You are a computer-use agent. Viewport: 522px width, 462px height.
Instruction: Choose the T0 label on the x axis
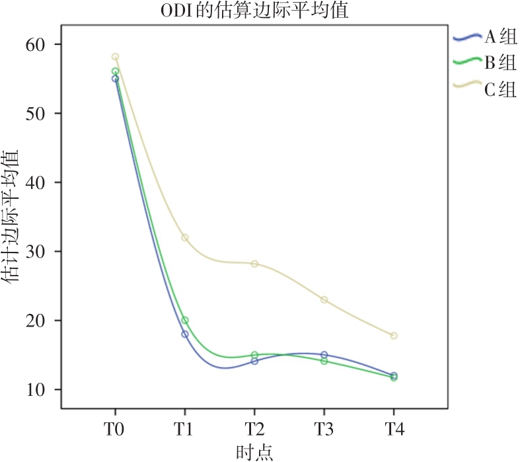(116, 428)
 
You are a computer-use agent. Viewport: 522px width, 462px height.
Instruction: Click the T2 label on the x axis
(254, 428)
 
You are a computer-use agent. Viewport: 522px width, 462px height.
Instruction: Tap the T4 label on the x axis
(394, 428)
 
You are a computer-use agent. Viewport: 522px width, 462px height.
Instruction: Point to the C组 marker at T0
(116, 57)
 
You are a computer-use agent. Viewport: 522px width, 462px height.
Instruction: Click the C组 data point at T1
(185, 237)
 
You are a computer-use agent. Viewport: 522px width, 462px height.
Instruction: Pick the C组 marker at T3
(324, 299)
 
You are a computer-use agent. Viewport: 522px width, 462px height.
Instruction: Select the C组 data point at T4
(394, 336)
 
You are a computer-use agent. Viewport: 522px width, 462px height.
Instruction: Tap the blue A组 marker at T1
(185, 334)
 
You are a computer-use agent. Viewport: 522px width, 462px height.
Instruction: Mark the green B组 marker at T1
(185, 321)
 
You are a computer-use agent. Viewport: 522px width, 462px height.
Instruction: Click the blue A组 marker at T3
(324, 355)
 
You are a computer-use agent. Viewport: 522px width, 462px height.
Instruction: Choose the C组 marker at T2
(254, 264)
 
